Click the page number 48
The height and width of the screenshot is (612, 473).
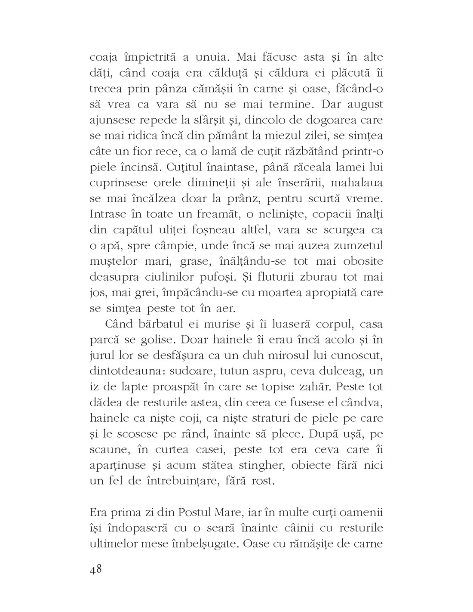[95, 569]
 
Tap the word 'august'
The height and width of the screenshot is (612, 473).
[362, 105]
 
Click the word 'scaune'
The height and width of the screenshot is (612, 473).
[107, 450]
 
